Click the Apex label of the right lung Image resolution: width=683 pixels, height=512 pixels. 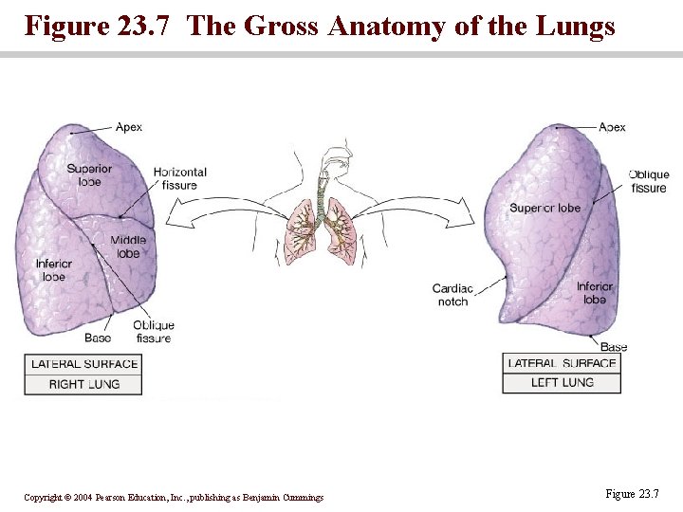pyautogui.click(x=129, y=126)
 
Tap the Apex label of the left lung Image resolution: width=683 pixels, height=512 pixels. pyautogui.click(x=612, y=126)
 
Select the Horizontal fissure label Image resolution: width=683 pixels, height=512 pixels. pyautogui.click(x=179, y=178)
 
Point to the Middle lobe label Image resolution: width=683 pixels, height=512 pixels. pyautogui.click(x=128, y=247)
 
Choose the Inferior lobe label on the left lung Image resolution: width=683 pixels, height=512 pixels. pyautogui.click(x=595, y=293)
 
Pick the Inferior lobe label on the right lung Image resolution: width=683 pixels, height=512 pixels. pyautogui.click(x=54, y=270)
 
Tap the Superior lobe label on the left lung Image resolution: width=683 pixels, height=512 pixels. pyautogui.click(x=545, y=208)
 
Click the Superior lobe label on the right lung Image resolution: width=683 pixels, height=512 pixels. pyautogui.click(x=89, y=175)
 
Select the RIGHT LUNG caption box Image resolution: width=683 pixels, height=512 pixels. pyautogui.click(x=84, y=384)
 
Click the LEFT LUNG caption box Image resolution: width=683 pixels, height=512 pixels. pyautogui.click(x=563, y=383)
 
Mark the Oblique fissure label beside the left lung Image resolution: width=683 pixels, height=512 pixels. pyautogui.click(x=649, y=181)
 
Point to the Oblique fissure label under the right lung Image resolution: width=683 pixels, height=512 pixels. pyautogui.click(x=153, y=332)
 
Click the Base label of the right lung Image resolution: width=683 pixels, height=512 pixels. pyautogui.click(x=98, y=338)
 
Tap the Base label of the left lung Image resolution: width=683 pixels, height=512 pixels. pyautogui.click(x=614, y=347)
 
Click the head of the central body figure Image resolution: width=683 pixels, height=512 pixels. pyautogui.click(x=334, y=159)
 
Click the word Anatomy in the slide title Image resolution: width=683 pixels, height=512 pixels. pyautogui.click(x=386, y=26)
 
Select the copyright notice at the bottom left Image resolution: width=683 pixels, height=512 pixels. pyautogui.click(x=174, y=498)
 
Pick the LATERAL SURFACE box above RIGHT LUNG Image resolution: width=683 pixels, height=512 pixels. pyautogui.click(x=84, y=364)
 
